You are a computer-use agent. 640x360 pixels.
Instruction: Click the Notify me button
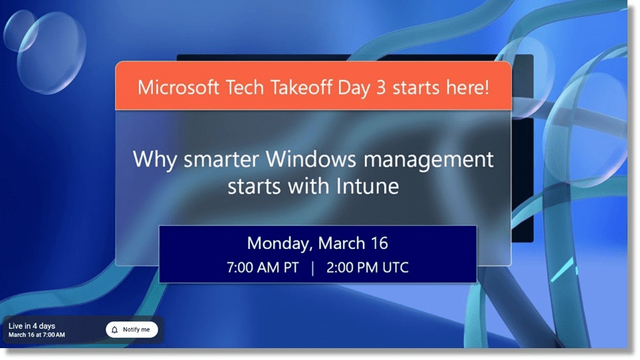(132, 330)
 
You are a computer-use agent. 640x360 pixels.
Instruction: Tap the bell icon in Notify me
(114, 330)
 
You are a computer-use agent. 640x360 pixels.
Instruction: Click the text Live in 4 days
(32, 326)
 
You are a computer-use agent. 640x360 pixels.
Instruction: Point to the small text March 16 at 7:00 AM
(37, 335)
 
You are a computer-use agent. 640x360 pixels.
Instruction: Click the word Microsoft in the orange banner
(178, 87)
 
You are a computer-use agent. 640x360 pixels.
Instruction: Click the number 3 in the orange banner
(381, 88)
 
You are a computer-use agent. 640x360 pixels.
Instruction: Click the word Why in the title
(155, 160)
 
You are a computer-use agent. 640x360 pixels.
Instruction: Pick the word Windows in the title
(311, 159)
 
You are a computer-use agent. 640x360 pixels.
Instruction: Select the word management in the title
(429, 160)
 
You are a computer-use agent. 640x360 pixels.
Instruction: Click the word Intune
(368, 186)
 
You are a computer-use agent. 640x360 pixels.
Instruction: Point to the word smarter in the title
(221, 160)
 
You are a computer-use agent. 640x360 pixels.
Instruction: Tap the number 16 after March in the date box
(380, 243)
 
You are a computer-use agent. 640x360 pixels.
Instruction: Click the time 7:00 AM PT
(262, 268)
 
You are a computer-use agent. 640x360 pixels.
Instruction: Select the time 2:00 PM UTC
(367, 268)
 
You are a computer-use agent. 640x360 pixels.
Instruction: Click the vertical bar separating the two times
(313, 268)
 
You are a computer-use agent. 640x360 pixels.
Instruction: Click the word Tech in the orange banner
(244, 87)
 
